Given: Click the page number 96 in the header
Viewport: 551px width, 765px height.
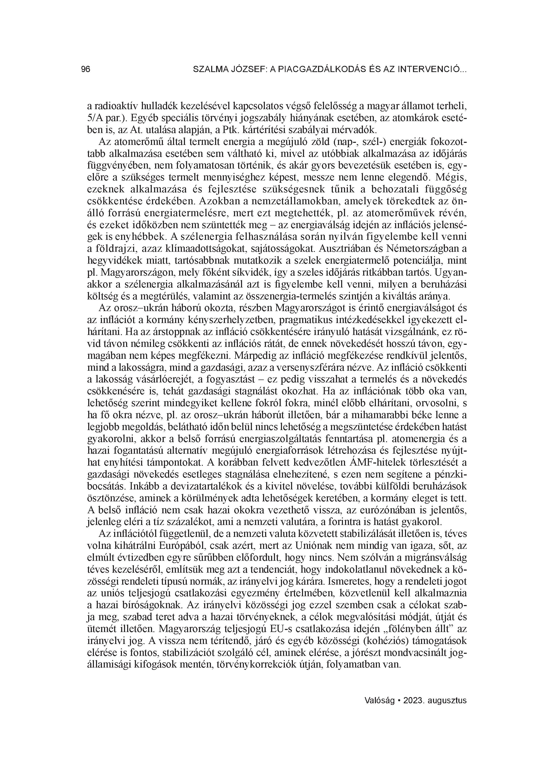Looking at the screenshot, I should click(x=86, y=69).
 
